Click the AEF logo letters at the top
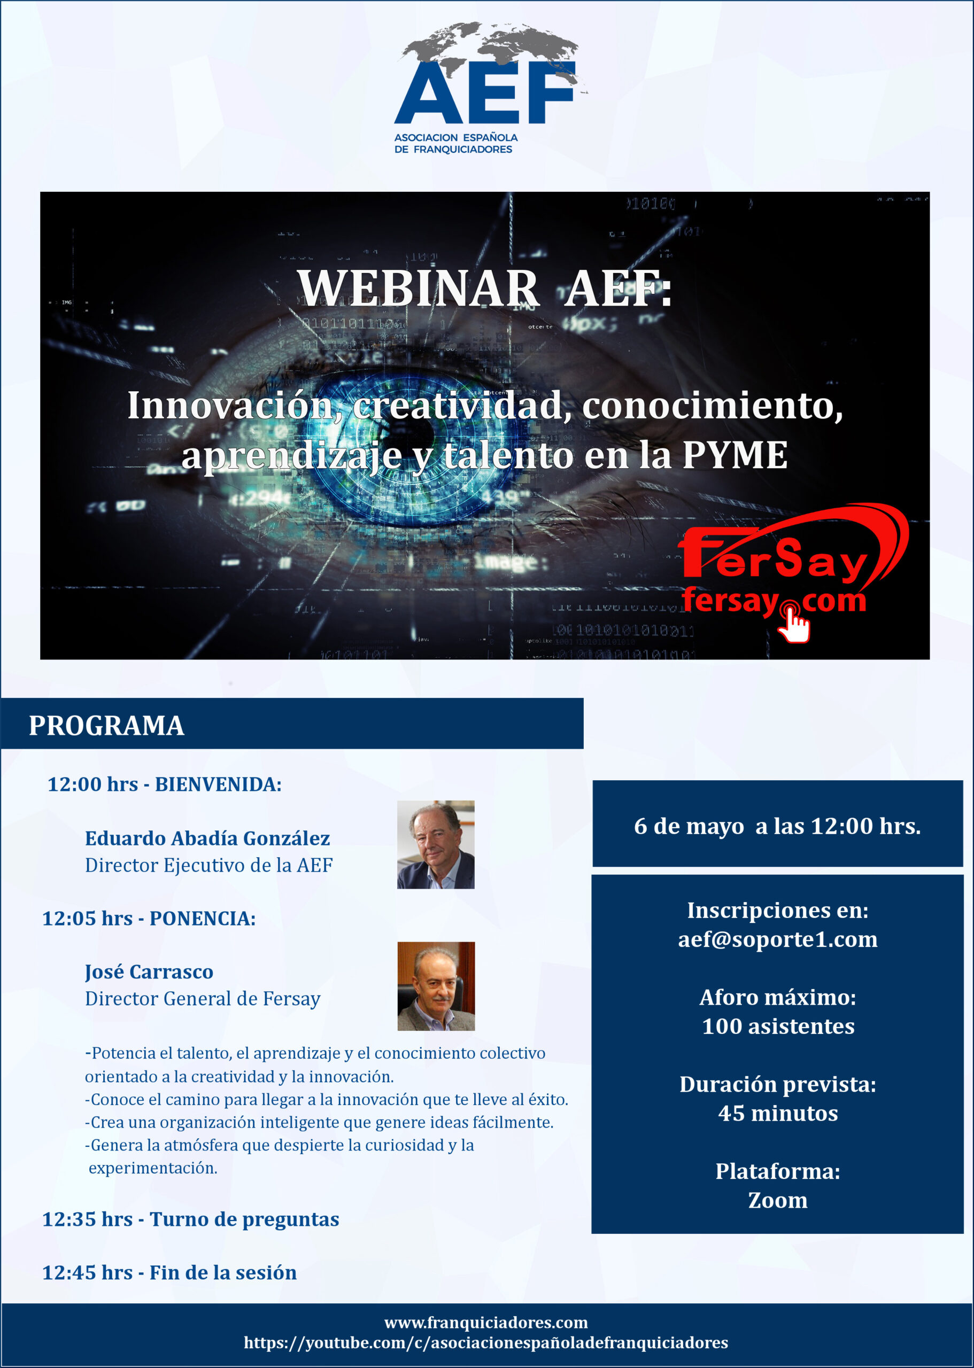point(485,93)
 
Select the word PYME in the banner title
point(735,455)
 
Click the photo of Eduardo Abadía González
point(436,845)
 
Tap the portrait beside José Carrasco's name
point(436,986)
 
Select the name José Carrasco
point(149,971)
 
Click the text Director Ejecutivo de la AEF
point(208,865)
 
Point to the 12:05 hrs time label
point(88,919)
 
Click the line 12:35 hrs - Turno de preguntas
point(191,1219)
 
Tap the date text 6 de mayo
point(689,826)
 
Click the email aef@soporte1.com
point(778,939)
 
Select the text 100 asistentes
point(778,1027)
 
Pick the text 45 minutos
point(778,1113)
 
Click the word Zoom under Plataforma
point(778,1200)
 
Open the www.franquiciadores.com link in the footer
point(486,1323)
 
